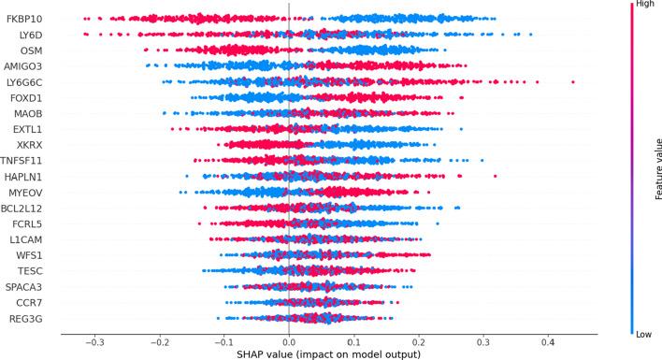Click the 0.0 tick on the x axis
point(289,340)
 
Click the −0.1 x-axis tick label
point(223,340)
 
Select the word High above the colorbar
point(643,5)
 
